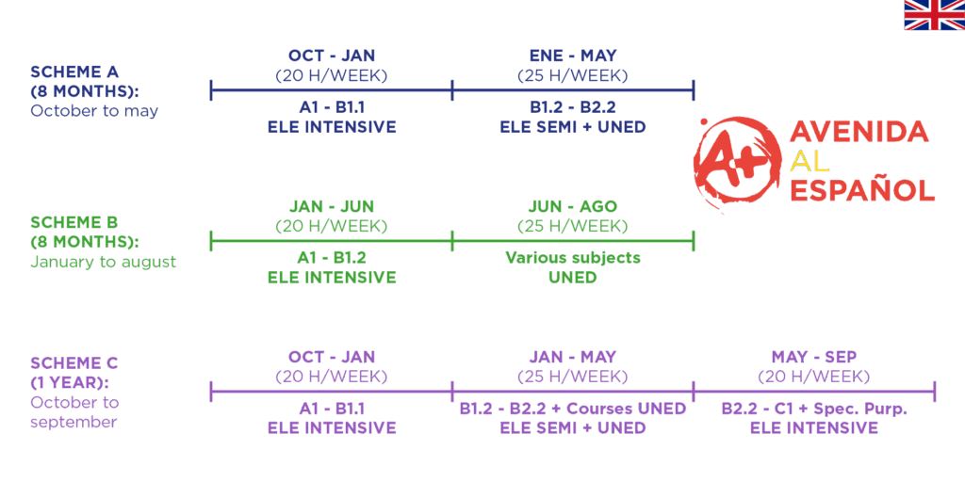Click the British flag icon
[x=934, y=15]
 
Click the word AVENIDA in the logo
[x=859, y=131]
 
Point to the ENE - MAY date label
[x=572, y=56]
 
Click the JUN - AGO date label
[x=572, y=206]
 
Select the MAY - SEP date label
[x=813, y=357]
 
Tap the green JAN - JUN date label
[x=331, y=206]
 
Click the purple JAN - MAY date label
[x=572, y=357]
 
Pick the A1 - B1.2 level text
[x=331, y=258]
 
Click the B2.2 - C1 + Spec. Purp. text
[x=813, y=409]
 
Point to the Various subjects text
[x=572, y=258]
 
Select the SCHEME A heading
[x=74, y=72]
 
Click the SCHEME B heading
[x=74, y=222]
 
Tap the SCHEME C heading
[x=74, y=363]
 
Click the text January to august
[x=104, y=262]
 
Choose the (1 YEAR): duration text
[x=69, y=383]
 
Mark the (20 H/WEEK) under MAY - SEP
[x=813, y=377]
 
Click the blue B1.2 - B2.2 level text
[x=572, y=107]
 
